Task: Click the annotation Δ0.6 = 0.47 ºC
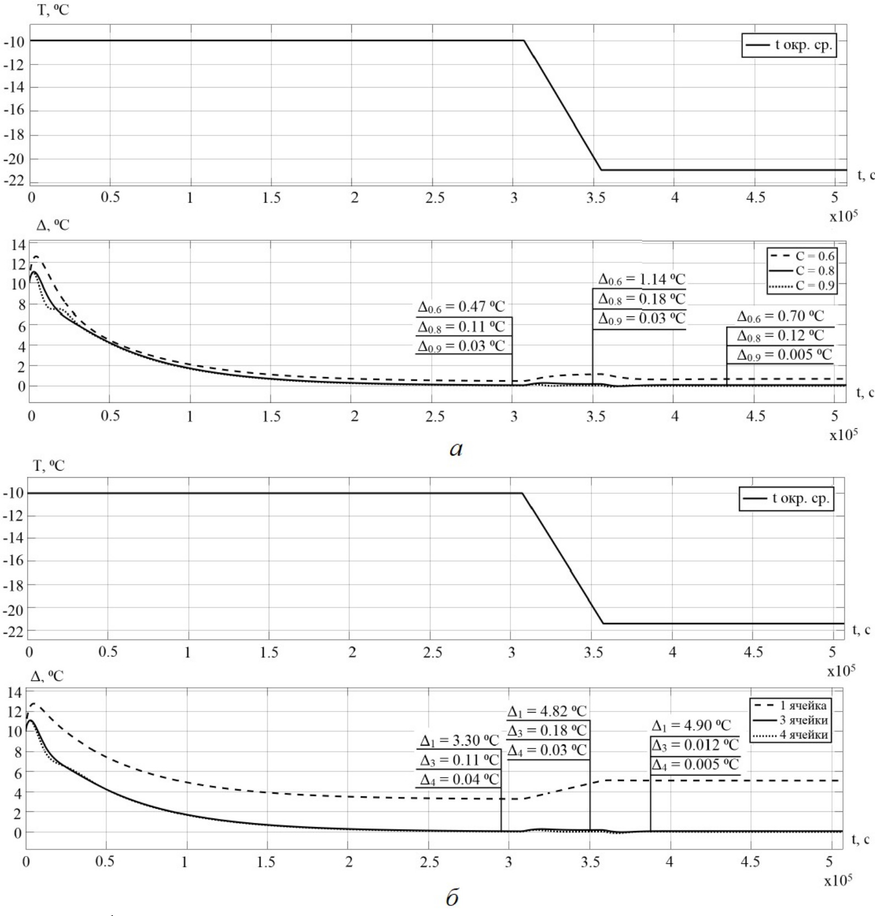click(x=461, y=307)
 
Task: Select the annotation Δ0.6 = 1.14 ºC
click(x=642, y=279)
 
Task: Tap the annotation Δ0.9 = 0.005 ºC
click(x=784, y=355)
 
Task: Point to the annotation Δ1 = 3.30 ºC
click(x=459, y=740)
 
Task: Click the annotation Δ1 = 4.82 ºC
click(x=547, y=711)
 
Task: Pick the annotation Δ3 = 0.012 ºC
click(x=695, y=745)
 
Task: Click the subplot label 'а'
click(x=456, y=449)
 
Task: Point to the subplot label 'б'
click(x=452, y=898)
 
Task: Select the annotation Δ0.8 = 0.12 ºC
click(x=780, y=336)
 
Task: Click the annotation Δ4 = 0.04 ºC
click(x=459, y=779)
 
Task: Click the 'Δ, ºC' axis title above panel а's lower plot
click(x=53, y=225)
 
